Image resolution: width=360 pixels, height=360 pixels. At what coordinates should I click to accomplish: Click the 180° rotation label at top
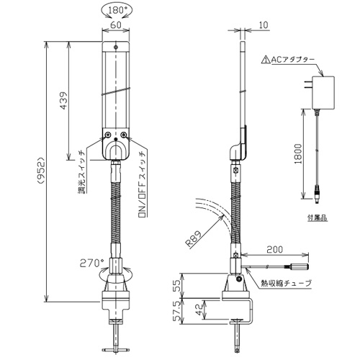pyautogui.click(x=117, y=10)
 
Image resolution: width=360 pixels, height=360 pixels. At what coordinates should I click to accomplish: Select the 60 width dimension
pyautogui.click(x=116, y=24)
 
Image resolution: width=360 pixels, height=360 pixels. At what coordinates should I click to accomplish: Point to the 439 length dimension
pyautogui.click(x=63, y=100)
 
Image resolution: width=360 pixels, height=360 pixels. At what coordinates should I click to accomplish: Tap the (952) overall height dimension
pyautogui.click(x=40, y=171)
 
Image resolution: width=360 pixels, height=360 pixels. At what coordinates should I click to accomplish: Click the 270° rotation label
pyautogui.click(x=90, y=264)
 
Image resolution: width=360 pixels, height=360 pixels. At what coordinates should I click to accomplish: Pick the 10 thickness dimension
pyautogui.click(x=264, y=25)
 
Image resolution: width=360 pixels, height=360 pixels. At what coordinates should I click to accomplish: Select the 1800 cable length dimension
pyautogui.click(x=298, y=154)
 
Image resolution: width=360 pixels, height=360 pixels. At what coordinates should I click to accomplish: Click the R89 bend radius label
pyautogui.click(x=194, y=238)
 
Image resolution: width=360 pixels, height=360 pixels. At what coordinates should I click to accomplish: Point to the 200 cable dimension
pyautogui.click(x=274, y=250)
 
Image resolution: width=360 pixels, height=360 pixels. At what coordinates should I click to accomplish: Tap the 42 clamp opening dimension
pyautogui.click(x=199, y=310)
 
